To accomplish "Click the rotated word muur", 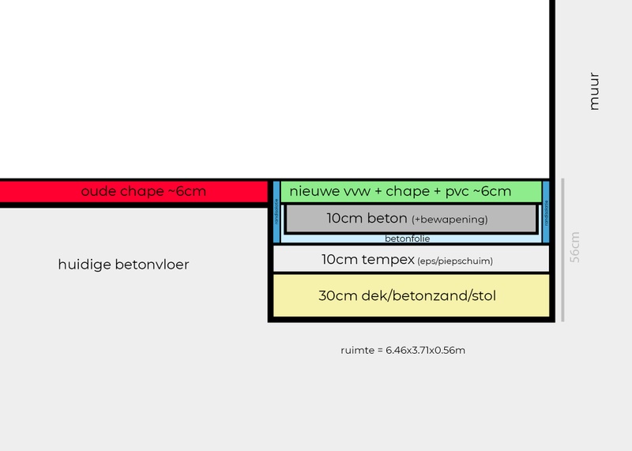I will click(x=595, y=91).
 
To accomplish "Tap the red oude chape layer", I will click(x=134, y=192).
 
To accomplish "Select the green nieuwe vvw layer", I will click(x=411, y=191).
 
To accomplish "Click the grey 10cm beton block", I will click(x=410, y=219).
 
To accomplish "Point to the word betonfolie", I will click(x=408, y=238).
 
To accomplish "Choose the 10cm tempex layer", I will click(x=410, y=258).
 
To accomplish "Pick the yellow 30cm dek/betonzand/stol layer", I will click(x=410, y=296).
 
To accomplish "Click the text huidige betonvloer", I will click(x=123, y=265).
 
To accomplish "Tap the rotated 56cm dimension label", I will click(x=575, y=247).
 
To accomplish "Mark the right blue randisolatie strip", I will click(x=546, y=212).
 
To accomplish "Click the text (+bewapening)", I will click(x=450, y=220).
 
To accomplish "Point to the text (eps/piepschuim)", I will click(x=454, y=260).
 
